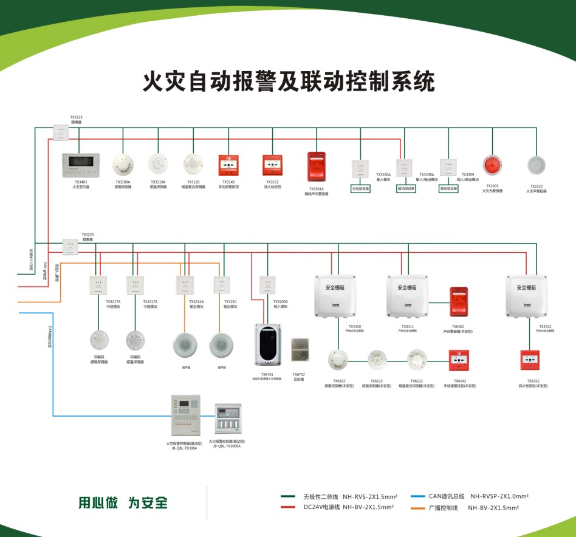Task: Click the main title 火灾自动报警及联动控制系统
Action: [x=288, y=81]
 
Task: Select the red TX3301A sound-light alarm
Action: [x=316, y=166]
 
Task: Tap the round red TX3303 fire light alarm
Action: [x=492, y=165]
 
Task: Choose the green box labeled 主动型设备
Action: [x=360, y=189]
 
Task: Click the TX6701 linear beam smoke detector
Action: [x=267, y=344]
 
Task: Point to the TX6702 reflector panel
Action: [x=300, y=350]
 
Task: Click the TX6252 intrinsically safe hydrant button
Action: [x=530, y=360]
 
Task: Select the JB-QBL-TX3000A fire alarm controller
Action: [x=230, y=419]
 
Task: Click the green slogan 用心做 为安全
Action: [x=123, y=503]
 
